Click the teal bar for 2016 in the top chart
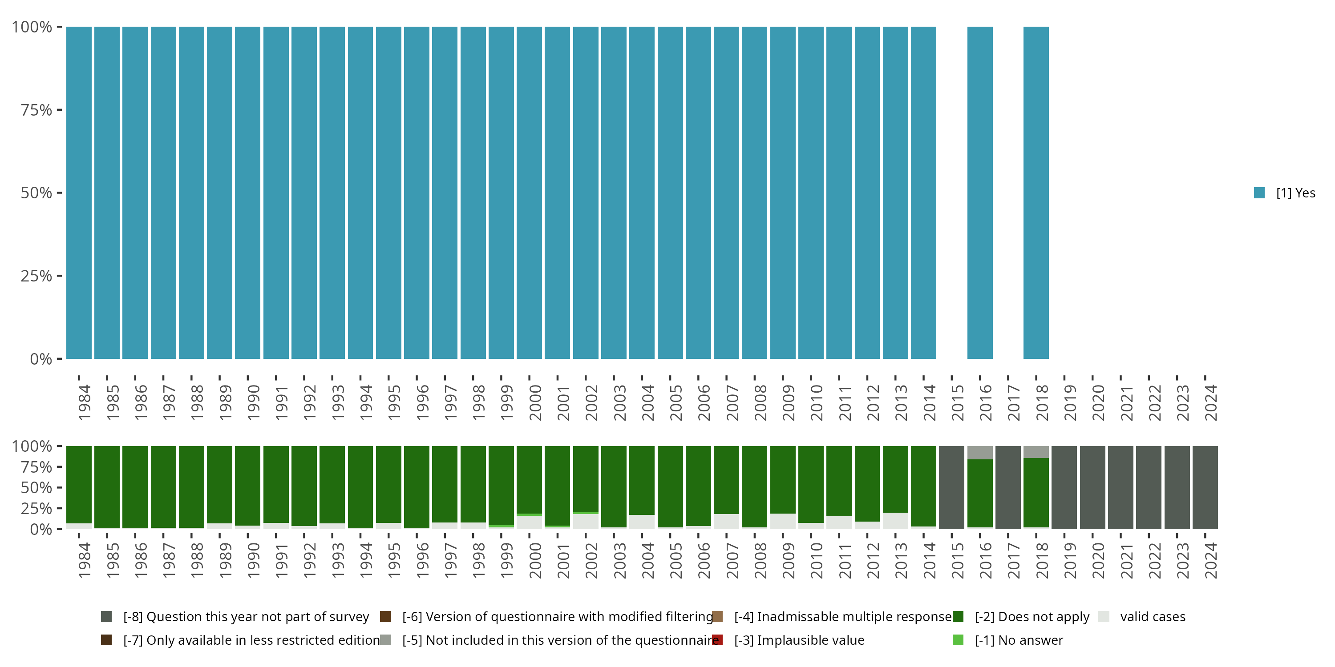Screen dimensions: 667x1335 (979, 193)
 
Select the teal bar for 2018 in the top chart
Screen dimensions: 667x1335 (1036, 193)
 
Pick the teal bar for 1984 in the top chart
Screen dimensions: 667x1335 (79, 193)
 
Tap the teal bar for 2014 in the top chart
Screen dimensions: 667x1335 (923, 193)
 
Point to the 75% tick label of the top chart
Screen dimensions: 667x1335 (36, 110)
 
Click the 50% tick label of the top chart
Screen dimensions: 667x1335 (36, 193)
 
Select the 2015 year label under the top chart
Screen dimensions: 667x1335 (957, 402)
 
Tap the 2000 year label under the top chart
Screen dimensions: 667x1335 (535, 402)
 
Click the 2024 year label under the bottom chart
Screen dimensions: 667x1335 (1210, 560)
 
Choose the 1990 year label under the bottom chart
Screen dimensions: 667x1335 (253, 560)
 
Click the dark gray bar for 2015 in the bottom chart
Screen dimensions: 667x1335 (951, 487)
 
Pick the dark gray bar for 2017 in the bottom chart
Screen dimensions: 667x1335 (1007, 487)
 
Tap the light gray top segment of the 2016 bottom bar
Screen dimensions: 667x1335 (979, 453)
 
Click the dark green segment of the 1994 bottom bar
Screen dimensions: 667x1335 (360, 487)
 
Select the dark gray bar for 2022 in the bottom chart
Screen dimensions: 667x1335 (1149, 487)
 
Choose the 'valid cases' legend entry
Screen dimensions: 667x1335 (1152, 617)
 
